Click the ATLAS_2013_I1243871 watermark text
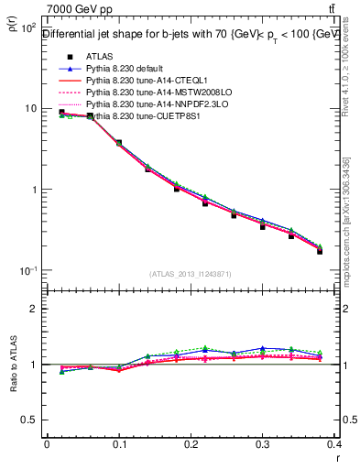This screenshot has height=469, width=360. (191, 274)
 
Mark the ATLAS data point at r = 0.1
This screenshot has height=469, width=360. (119, 143)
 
